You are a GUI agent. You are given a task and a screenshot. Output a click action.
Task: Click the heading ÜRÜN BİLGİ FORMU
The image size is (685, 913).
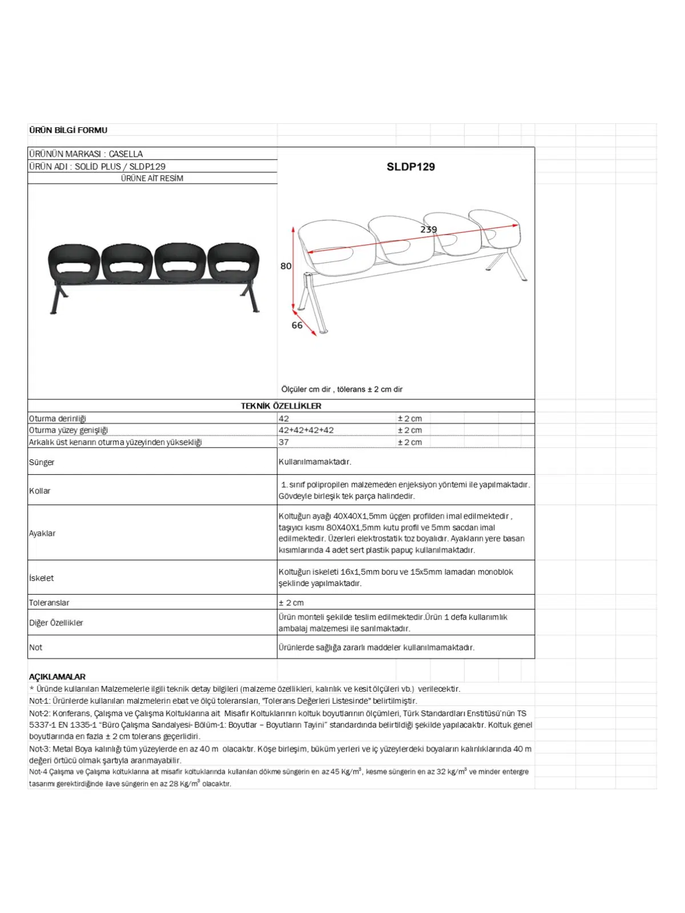click(68, 130)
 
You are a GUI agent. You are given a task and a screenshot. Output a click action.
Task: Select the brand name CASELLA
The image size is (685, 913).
click(126, 154)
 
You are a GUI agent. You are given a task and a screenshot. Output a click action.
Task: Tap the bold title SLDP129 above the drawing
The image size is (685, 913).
click(410, 167)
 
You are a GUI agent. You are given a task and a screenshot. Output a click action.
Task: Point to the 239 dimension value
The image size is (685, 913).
click(429, 229)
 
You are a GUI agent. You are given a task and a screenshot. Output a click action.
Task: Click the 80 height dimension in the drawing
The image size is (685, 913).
click(285, 266)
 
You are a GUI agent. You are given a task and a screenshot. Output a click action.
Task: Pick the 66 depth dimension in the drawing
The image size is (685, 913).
click(297, 325)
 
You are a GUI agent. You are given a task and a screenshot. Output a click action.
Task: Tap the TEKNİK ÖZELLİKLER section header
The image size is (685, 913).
click(281, 406)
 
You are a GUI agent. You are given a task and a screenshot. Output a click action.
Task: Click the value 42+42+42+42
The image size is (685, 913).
click(306, 430)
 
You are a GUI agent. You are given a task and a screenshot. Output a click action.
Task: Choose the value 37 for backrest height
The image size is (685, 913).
click(284, 442)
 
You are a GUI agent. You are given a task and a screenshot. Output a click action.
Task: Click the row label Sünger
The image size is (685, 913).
click(42, 462)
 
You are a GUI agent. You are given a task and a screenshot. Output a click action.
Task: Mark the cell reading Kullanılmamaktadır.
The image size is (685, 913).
click(315, 462)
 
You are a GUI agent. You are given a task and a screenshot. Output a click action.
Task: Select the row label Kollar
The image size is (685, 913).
click(40, 491)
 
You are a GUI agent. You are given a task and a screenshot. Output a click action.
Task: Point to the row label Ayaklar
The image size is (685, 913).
click(42, 533)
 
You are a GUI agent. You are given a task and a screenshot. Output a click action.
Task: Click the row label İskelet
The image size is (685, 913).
click(41, 578)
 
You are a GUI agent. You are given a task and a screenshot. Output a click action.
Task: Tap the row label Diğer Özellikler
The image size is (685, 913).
click(56, 623)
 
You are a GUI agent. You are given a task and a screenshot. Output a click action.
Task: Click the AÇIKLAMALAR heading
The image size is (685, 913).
click(57, 677)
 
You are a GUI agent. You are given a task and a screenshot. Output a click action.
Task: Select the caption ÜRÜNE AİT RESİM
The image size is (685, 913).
click(152, 178)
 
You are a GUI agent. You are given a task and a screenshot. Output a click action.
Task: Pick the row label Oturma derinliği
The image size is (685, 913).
click(58, 418)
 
